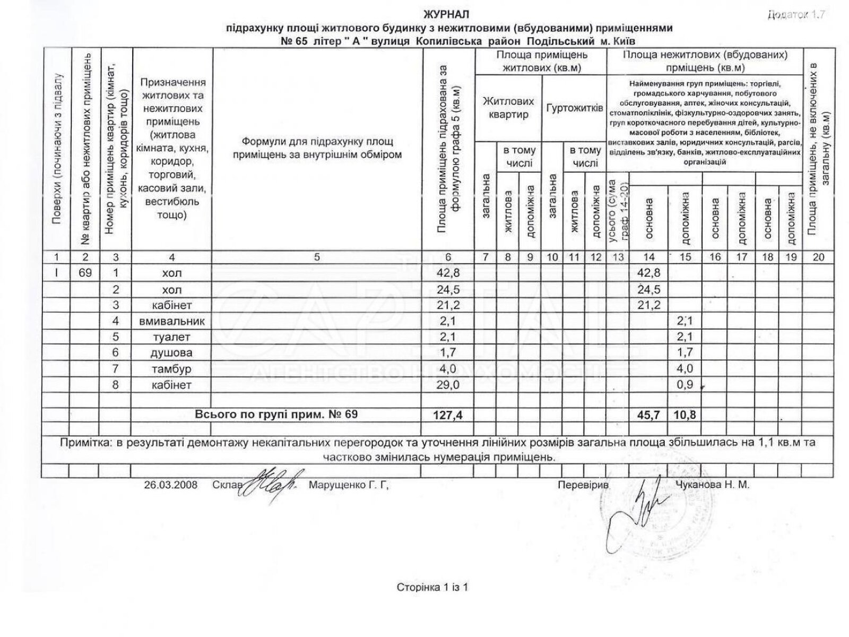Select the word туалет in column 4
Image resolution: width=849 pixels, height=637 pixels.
pos(172,337)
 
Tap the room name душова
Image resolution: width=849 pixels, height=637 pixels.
pos(172,353)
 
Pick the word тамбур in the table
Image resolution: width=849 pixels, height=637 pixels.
pos(172,369)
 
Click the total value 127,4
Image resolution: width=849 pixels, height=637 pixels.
pos(448,415)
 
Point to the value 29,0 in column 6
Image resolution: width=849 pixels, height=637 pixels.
pos(448,385)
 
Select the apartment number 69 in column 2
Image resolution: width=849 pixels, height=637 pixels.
pos(85,273)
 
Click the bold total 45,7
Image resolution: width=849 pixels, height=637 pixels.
pos(648,415)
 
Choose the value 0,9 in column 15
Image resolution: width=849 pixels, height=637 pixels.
pos(686,385)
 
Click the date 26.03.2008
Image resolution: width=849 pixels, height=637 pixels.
pos(170,485)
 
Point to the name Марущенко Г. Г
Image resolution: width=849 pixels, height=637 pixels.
pos(349,485)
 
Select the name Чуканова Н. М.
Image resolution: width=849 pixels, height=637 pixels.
pos(713,485)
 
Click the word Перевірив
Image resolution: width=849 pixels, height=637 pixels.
pos(583,485)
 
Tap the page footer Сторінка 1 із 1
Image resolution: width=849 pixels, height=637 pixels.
pos(432,587)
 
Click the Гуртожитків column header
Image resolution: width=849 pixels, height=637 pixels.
pos(574,108)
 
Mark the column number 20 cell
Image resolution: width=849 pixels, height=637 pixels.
pos(819,257)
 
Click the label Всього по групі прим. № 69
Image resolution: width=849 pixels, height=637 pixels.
pos(276,415)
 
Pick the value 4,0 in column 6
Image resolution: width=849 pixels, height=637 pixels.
pos(448,369)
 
